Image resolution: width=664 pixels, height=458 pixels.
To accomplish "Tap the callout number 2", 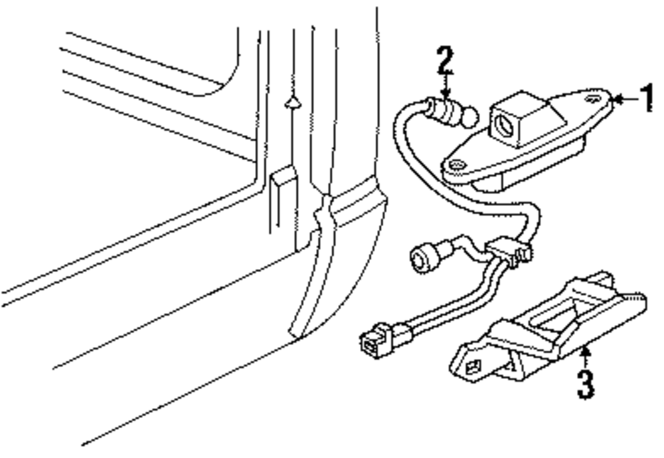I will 444,61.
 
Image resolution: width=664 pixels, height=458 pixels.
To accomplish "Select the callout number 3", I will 584,384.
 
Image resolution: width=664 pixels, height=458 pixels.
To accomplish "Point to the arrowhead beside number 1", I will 616,100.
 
